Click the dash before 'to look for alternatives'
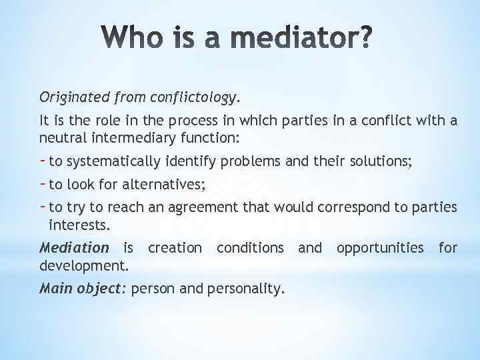tap(43, 183)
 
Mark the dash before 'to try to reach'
tap(43, 206)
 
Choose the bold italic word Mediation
tap(74, 248)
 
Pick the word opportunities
tap(379, 248)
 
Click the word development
tap(84, 265)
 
